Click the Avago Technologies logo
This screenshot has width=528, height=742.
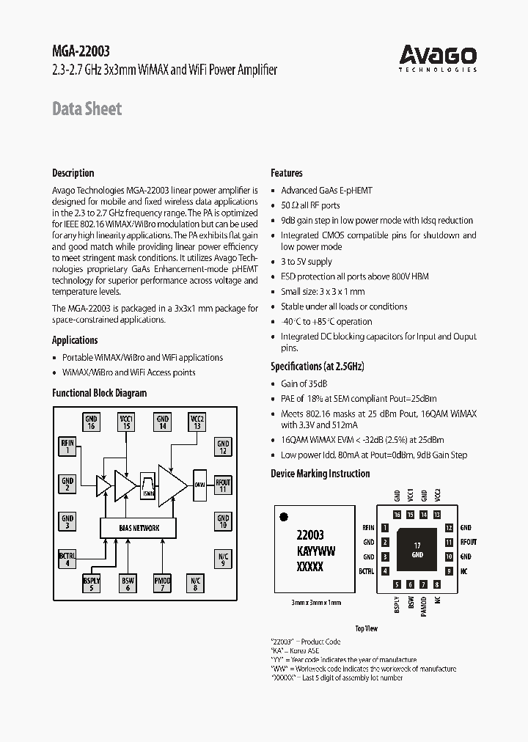click(x=438, y=57)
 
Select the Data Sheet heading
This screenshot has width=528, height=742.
click(x=87, y=109)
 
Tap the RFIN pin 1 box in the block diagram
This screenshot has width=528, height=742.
click(x=67, y=447)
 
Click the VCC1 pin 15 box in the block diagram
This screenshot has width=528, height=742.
click(x=126, y=422)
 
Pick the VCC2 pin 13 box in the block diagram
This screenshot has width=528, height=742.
click(x=197, y=422)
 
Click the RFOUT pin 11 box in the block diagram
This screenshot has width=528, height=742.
click(x=223, y=485)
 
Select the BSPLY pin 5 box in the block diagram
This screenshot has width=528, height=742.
click(x=91, y=583)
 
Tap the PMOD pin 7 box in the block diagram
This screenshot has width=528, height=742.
click(x=162, y=583)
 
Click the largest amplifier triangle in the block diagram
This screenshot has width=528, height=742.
click(x=173, y=484)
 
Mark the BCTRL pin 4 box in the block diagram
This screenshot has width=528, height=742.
click(x=67, y=559)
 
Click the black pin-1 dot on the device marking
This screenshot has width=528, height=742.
click(x=285, y=518)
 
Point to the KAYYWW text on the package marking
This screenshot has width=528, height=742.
click(x=315, y=551)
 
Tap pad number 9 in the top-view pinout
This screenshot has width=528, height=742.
click(x=448, y=570)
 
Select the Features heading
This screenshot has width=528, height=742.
click(x=287, y=173)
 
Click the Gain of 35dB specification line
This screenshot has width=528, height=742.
click(x=304, y=383)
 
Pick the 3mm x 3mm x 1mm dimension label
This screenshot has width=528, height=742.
click(x=316, y=603)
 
